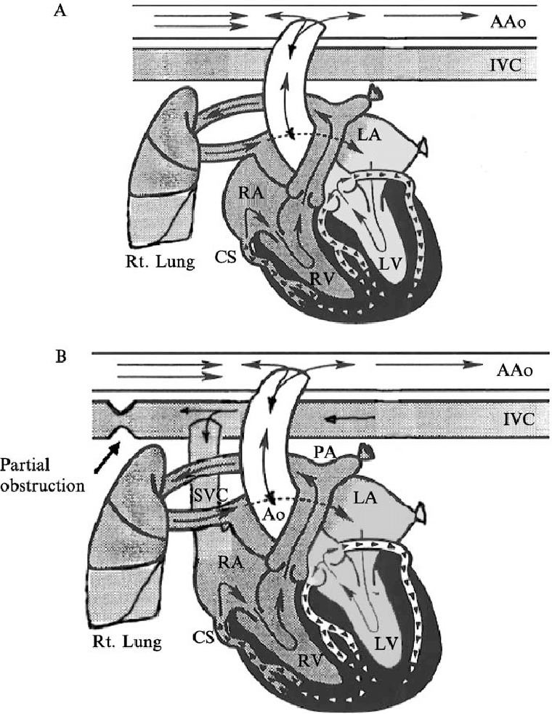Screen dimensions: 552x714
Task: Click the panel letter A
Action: pos(60,10)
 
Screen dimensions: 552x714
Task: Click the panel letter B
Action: pos(60,356)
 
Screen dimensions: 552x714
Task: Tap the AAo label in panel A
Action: pos(508,22)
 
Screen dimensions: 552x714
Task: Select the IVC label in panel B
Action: pos(519,419)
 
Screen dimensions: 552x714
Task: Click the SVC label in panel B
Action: pos(209,496)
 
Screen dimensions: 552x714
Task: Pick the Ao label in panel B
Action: pos(273,515)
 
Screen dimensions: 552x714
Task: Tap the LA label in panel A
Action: pos(369,135)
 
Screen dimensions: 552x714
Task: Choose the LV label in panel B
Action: pos(387,643)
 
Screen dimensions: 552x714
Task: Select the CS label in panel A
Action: pos(227,257)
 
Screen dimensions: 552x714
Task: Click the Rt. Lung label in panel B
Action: pos(127,642)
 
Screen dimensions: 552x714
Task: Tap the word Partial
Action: pos(25,465)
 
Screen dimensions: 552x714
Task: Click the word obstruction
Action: pos(43,486)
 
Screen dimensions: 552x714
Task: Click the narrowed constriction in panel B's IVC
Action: pos(121,420)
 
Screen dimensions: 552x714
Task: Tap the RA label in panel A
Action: pos(250,193)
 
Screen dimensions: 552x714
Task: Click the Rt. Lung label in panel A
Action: pos(160,262)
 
